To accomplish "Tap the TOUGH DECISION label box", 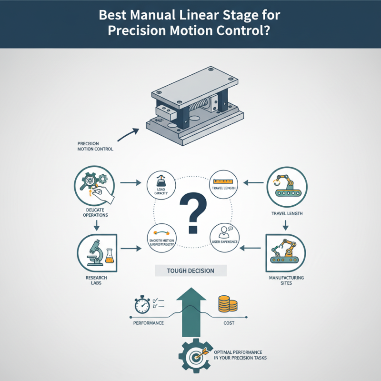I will coord(190,271).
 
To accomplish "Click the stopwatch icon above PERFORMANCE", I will coord(143,305).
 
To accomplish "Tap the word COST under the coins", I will coord(229,323).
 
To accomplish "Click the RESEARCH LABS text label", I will coord(97,280).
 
